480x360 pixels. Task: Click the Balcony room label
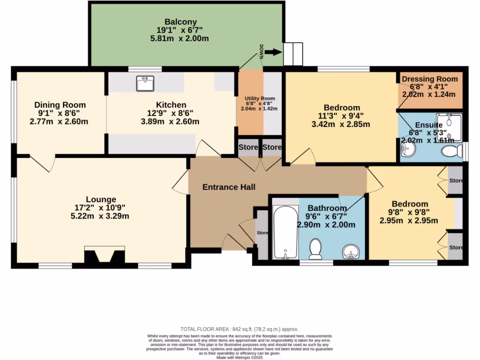coord(180,22)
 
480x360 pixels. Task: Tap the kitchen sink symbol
coord(145,83)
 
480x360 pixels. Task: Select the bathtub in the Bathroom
coord(285,232)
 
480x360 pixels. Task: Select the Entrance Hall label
coord(229,187)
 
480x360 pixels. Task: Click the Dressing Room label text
coord(430,79)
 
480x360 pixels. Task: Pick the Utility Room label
coord(259,98)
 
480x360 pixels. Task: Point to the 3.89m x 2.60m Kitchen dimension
coord(171,121)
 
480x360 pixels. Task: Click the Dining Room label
coord(60,105)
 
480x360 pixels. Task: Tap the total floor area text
coord(240,329)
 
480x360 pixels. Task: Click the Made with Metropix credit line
coord(240,358)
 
